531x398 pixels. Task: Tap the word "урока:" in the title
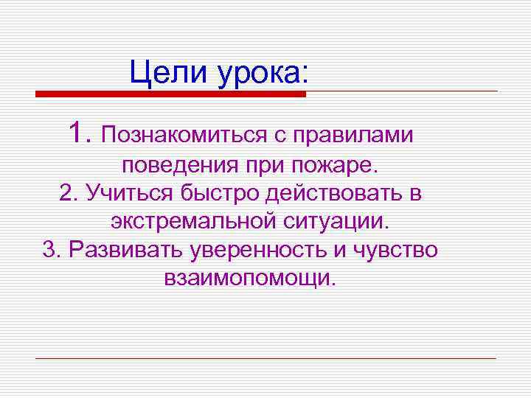(x=262, y=73)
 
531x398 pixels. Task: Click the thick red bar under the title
(x=170, y=94)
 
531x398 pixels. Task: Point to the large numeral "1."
(x=79, y=133)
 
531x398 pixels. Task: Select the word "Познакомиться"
(x=181, y=135)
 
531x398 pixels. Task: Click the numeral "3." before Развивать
(x=52, y=249)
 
